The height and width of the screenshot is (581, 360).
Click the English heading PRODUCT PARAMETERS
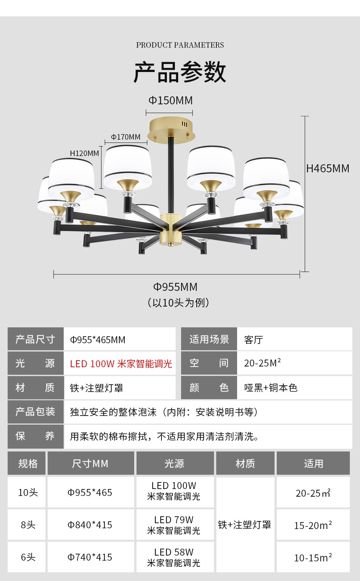180,45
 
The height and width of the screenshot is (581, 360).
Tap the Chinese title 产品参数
180,72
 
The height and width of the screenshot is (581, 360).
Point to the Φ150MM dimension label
171,100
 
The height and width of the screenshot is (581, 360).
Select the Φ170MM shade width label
125,137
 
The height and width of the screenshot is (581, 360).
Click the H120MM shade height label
84,153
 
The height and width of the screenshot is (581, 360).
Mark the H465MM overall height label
328,168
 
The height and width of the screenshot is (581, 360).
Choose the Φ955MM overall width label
175,287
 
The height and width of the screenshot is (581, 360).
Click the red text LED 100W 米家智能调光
121,364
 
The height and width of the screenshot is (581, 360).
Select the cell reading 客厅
253,340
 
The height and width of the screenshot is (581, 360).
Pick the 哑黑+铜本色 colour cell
271,388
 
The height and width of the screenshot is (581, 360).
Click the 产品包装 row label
35,412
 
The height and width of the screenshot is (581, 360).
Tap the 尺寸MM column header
90,464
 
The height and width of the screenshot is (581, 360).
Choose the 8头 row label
28,525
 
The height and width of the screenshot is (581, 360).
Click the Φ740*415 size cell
90,557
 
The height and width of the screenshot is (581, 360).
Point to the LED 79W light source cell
174,525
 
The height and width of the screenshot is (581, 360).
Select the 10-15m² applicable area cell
313,557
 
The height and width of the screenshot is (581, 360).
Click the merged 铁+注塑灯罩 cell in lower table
245,525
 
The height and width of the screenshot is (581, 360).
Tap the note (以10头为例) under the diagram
179,302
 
